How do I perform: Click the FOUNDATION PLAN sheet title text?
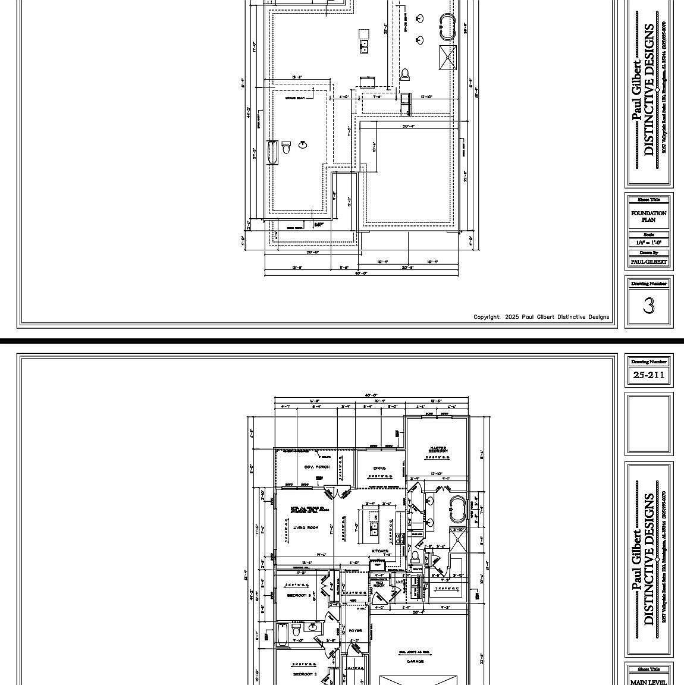click(648, 216)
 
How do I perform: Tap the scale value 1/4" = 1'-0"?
click(648, 243)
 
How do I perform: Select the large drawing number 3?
click(648, 305)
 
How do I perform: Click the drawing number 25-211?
click(648, 375)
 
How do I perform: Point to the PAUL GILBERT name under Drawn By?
click(648, 262)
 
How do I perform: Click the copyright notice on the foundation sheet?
click(541, 317)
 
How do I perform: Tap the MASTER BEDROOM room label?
click(438, 450)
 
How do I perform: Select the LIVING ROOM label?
click(305, 527)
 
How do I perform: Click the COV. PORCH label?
click(316, 467)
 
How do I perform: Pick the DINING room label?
click(379, 469)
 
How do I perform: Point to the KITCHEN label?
click(380, 551)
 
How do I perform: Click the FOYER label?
click(355, 630)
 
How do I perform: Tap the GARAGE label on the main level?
click(415, 661)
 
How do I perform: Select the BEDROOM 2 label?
click(305, 674)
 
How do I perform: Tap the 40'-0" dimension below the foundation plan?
click(361, 274)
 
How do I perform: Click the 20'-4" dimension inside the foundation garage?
click(408, 126)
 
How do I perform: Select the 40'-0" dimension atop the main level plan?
click(371, 395)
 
